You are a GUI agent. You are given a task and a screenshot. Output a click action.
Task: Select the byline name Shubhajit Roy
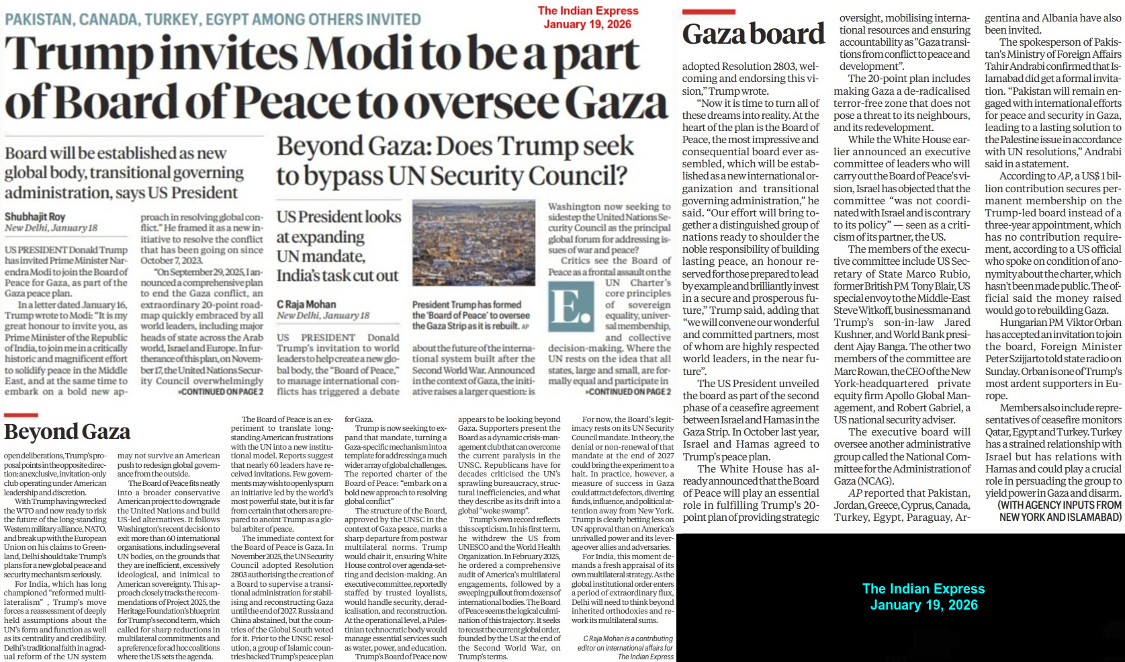35,216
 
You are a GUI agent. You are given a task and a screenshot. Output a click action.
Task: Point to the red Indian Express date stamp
588,17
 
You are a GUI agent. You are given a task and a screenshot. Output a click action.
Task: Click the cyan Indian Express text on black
924,596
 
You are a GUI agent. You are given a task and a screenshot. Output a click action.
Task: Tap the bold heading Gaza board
753,34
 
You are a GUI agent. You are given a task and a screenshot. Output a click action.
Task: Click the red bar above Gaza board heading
708,12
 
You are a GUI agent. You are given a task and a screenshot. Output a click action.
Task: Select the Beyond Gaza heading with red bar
67,431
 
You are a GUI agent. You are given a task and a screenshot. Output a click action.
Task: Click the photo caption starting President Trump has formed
471,315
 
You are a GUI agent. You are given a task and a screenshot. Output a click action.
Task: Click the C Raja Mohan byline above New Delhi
306,304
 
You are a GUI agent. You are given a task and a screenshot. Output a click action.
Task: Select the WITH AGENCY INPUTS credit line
1059,511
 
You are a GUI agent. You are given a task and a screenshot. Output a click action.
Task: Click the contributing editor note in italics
625,647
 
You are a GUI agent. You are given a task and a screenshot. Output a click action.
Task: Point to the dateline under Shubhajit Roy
51,228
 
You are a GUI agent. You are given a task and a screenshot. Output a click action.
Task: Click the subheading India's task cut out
337,276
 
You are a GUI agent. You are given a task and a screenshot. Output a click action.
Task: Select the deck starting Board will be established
124,173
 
